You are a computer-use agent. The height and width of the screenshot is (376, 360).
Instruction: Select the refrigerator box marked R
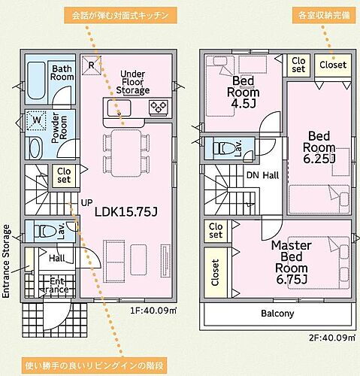91,65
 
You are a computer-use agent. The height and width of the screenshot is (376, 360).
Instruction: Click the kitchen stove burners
159,108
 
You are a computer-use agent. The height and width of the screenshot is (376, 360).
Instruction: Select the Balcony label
277,314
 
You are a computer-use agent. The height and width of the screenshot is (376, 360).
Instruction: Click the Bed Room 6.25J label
319,147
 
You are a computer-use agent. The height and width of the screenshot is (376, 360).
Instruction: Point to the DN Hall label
263,175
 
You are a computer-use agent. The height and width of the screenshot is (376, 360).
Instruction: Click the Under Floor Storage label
133,82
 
